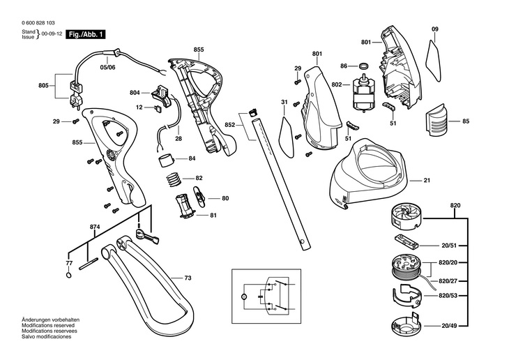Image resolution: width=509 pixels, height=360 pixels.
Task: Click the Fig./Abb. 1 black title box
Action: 86,34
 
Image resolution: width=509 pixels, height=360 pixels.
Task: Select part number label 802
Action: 337,85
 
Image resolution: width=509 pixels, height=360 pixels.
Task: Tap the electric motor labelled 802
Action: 363,93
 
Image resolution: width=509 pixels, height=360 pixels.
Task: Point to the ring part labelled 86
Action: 364,66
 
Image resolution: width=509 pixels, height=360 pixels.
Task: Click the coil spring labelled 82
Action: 174,179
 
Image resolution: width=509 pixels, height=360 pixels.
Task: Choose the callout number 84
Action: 192,158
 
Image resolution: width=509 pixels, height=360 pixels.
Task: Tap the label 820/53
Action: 448,296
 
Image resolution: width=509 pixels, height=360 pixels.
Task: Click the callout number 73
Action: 188,278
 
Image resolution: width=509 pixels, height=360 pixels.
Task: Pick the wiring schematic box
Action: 266,296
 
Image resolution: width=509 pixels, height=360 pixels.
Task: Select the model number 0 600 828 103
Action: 38,23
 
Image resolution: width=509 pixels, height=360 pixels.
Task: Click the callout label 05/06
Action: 107,68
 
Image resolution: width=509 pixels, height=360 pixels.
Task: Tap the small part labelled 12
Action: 159,108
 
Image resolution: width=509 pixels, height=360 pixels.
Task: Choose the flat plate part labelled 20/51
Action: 406,241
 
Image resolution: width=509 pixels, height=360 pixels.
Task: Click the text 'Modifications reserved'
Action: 48,325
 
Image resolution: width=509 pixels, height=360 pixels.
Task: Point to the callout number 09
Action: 435,29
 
